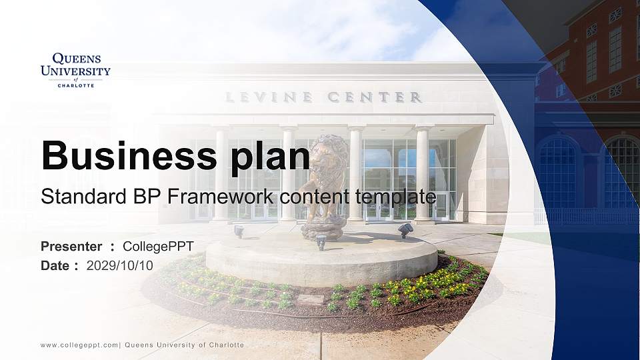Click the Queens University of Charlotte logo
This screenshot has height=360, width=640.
point(75,70)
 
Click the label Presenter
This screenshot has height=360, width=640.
point(71,247)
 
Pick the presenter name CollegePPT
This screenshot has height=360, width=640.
point(159,247)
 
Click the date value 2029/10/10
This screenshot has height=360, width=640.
point(120,265)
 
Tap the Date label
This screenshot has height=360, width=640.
point(55,265)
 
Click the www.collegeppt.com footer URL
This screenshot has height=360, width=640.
point(79,345)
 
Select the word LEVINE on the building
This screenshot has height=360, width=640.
point(269,97)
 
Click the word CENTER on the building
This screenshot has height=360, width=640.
point(375,97)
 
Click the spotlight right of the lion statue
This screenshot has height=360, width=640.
point(405,229)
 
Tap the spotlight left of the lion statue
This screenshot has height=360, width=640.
point(239,231)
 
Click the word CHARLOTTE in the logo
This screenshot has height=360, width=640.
point(75,85)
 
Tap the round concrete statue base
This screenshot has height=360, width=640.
point(320,260)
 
